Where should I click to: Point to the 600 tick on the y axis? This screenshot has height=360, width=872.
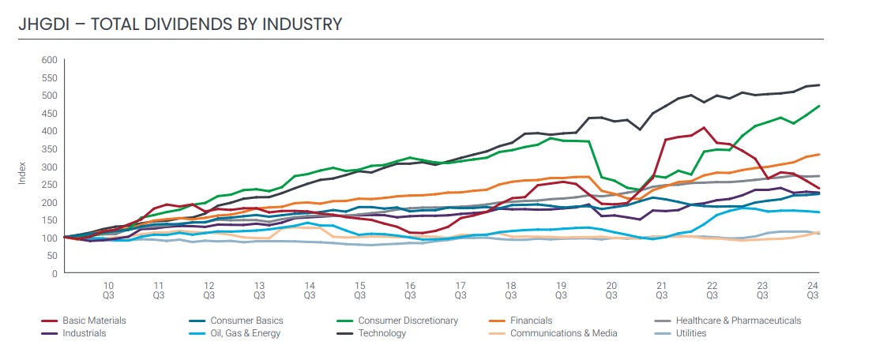[x=49, y=60]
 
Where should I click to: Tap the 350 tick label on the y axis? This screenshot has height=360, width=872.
[x=49, y=149]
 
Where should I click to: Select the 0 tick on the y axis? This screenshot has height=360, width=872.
[x=54, y=274]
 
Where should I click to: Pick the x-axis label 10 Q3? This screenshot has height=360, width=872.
[x=108, y=290]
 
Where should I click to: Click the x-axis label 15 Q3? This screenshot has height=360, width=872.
[x=359, y=290]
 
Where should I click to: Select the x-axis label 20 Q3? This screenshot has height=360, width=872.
[x=611, y=290]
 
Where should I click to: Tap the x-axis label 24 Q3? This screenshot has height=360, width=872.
[x=812, y=290]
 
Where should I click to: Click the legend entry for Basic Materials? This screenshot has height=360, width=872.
[x=94, y=321]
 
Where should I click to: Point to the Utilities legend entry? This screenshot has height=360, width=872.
[x=689, y=333]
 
